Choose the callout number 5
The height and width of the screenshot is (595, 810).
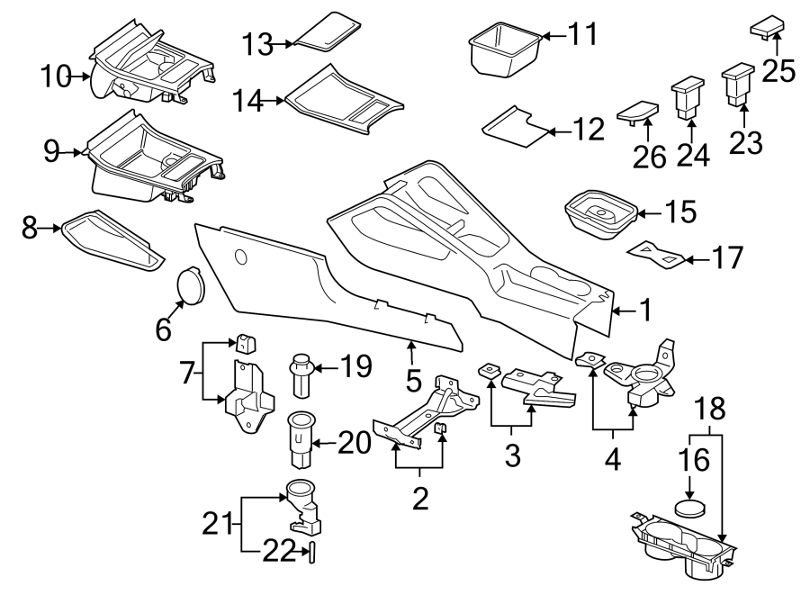413,380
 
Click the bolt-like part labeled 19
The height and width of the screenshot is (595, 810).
301,376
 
